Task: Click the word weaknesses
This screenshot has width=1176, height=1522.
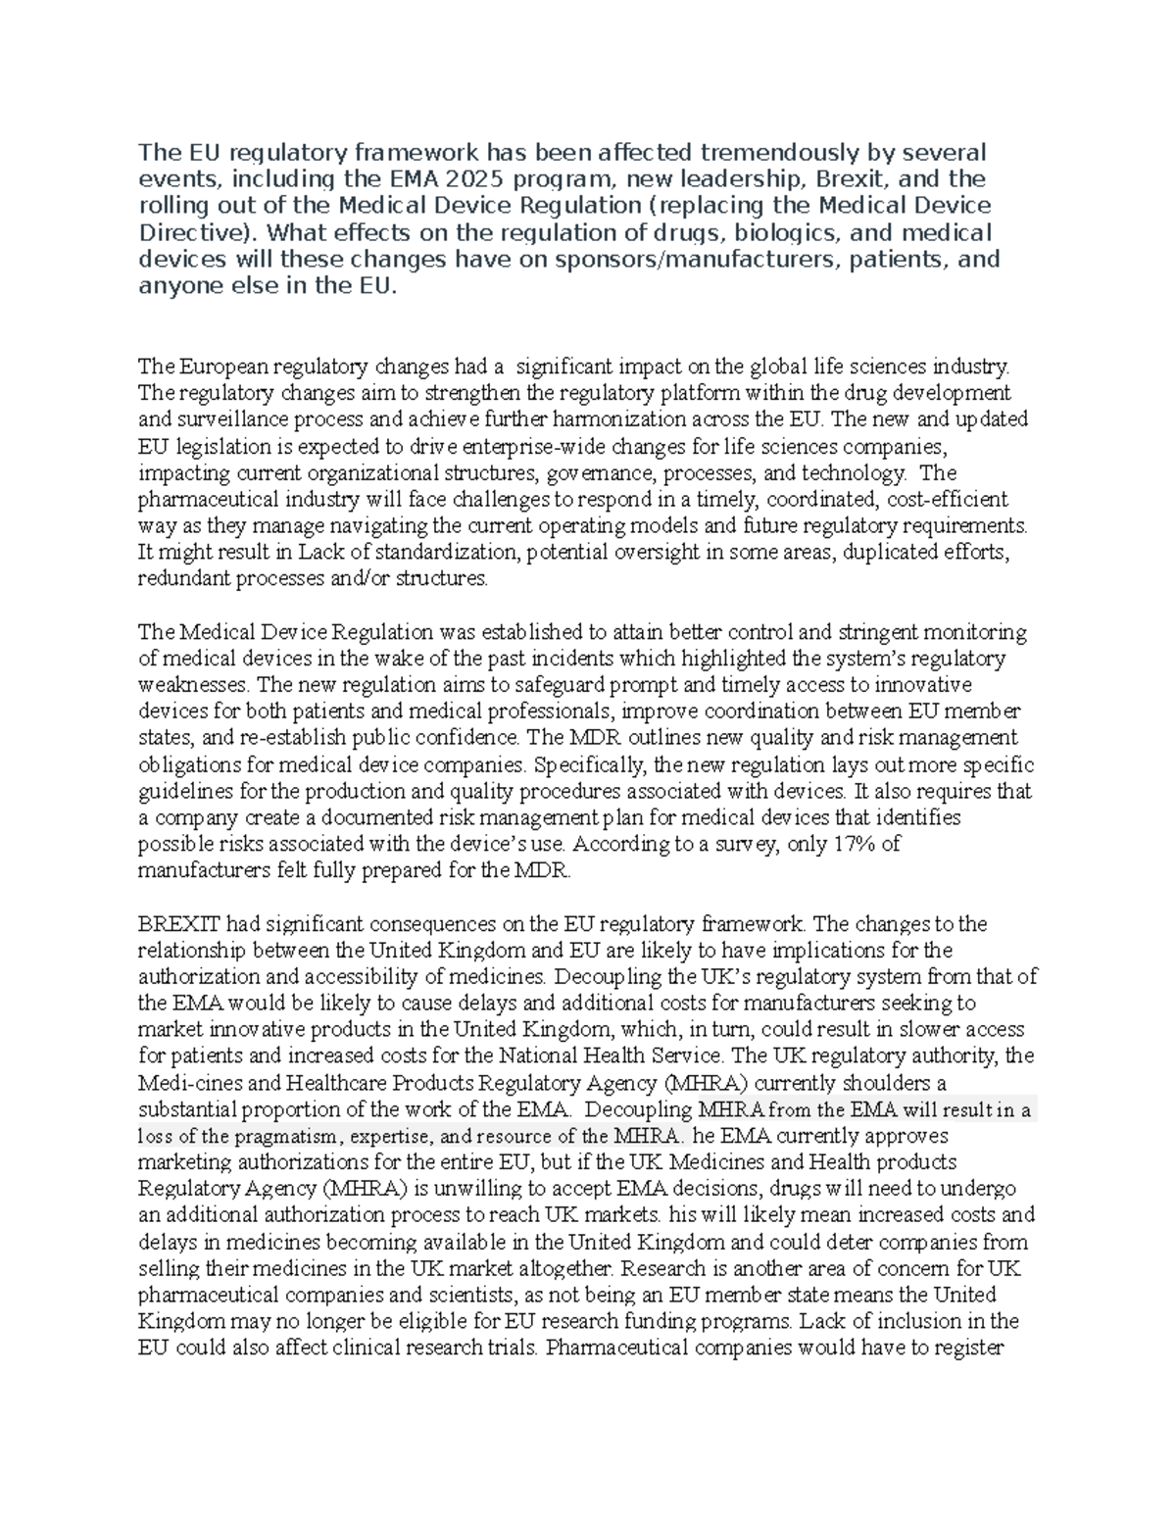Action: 192,684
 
